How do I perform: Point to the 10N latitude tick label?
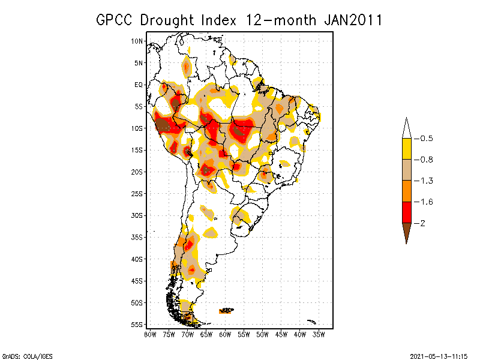coord(137,41)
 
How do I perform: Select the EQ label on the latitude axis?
coord(138,85)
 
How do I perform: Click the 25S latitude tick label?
coord(137,193)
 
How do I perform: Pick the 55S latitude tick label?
coord(137,324)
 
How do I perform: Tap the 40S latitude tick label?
coord(137,259)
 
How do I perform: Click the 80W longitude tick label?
coord(150,334)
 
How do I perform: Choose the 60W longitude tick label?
coord(225,334)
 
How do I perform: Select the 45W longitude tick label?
coord(281,334)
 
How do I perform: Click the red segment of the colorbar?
coord(406,212)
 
